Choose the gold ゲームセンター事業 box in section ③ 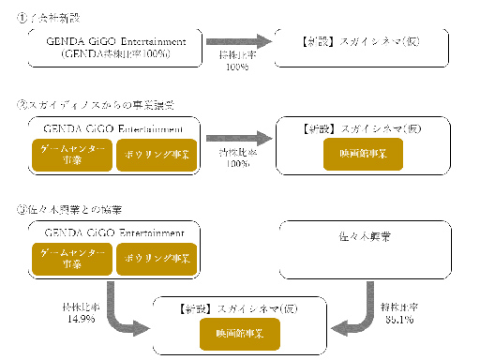[71, 258]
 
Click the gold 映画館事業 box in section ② [357, 153]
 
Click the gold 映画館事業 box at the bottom [238, 332]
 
